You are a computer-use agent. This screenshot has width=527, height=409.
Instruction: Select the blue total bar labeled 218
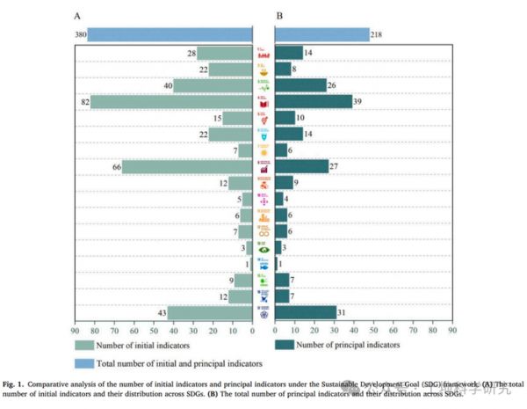[x=322, y=35]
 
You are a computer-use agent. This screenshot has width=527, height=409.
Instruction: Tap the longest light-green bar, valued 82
[x=171, y=102]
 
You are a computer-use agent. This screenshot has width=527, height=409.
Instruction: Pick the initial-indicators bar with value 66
[x=187, y=166]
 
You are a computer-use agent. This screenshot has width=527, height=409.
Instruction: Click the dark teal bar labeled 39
[x=314, y=102]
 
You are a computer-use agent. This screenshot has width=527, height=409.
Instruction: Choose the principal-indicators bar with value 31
[x=306, y=312]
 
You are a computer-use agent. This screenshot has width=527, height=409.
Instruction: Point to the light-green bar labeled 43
[x=210, y=312]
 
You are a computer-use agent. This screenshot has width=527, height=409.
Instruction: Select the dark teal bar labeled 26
[x=301, y=85]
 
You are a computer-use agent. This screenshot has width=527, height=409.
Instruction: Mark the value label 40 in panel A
[x=165, y=85]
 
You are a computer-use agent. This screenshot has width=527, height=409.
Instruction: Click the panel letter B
[x=279, y=15]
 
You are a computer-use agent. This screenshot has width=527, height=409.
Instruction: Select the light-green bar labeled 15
[x=237, y=118]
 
